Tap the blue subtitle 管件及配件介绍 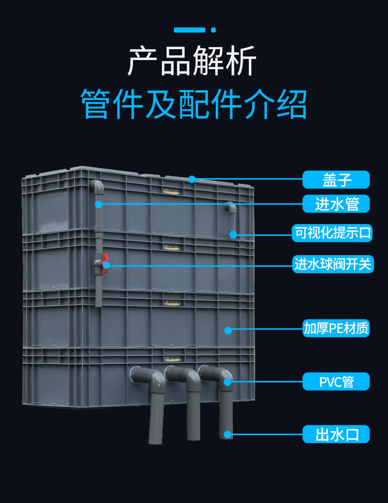point(194,103)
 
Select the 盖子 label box point(336,180)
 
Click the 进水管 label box point(336,204)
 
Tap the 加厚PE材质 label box point(336,328)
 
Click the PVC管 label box point(336,382)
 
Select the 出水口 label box point(336,434)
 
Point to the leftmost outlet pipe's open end point(156,440)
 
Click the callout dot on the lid point(192,180)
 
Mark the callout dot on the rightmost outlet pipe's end point(228,434)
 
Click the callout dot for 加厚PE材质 point(228,329)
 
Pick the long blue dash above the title point(189,30)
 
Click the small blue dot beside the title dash point(213,30)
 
